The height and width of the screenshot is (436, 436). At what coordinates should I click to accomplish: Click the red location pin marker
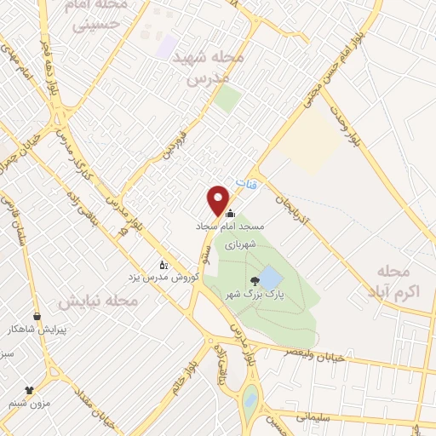[x=218, y=199]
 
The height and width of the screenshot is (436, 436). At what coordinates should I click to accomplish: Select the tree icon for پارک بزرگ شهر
[x=253, y=281]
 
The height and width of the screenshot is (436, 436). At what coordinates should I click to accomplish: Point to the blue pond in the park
[x=269, y=278]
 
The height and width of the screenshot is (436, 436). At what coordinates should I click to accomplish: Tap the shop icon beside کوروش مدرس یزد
[x=163, y=265]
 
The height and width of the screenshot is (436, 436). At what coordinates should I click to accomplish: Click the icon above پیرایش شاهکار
[x=36, y=315]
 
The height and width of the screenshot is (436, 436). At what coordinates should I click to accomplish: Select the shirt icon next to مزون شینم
[x=29, y=389]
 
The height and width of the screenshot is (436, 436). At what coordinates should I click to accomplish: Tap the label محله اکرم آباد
[x=397, y=281]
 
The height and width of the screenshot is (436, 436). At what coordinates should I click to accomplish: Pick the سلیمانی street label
[x=317, y=417]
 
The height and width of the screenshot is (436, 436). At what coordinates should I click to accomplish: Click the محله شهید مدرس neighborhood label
[x=207, y=66]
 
